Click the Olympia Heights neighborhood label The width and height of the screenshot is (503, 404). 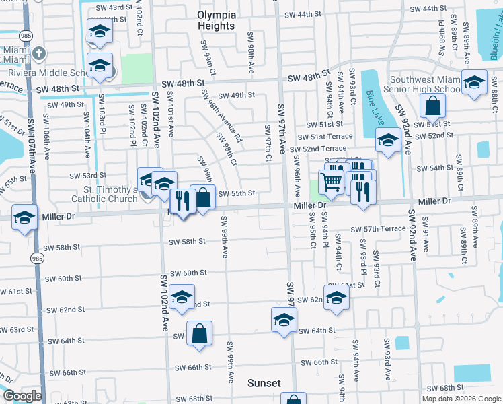[x=216, y=20]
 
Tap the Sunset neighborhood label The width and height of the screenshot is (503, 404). [x=264, y=383]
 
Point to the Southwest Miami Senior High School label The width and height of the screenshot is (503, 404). [x=421, y=83]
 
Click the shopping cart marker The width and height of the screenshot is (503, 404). [x=331, y=180]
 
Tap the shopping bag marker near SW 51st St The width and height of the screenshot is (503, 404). [x=432, y=105]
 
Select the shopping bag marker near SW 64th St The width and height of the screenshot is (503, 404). [x=200, y=333]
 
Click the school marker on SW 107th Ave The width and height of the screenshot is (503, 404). [x=25, y=217]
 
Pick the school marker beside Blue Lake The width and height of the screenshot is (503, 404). [x=388, y=140]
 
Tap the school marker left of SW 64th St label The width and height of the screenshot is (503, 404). [x=284, y=319]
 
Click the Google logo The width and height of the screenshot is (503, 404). [x=22, y=396]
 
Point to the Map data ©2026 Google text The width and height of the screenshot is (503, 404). [x=461, y=399]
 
